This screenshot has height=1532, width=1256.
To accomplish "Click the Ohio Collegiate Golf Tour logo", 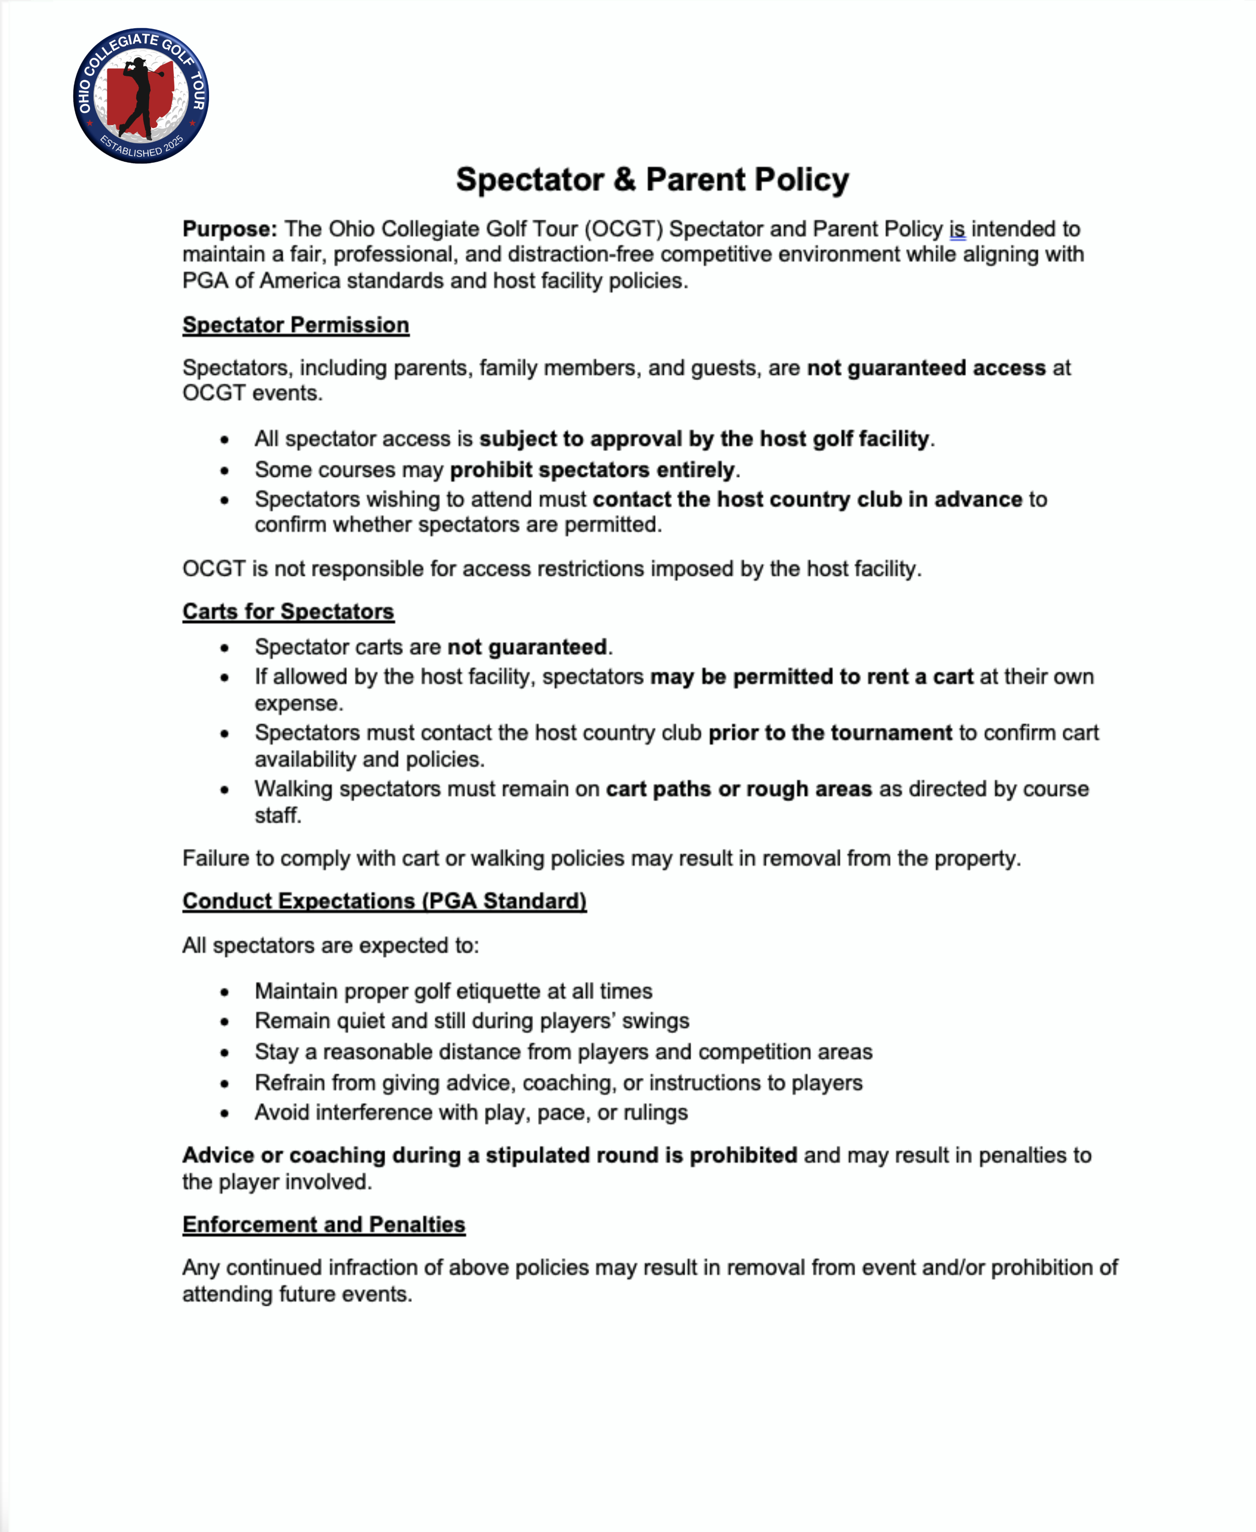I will pos(141,95).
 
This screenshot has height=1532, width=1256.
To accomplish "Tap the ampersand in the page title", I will pos(624,179).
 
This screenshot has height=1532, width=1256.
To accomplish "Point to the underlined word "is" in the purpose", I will pos(957,229).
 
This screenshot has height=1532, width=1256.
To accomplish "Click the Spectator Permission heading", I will pos(295,325).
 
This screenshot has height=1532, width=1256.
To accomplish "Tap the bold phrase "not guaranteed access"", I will pos(925,368).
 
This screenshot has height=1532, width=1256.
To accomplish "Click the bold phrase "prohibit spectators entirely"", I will pos(592,470).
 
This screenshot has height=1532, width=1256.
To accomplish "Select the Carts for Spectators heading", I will pos(288,611).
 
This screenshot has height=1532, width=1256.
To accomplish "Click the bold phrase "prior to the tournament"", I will pos(830,733).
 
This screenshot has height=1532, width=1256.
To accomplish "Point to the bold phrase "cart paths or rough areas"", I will pos(739,789).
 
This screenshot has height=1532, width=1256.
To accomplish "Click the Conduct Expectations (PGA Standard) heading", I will pos(384,901).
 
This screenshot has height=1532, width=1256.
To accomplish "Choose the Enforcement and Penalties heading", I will pos(324,1224).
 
